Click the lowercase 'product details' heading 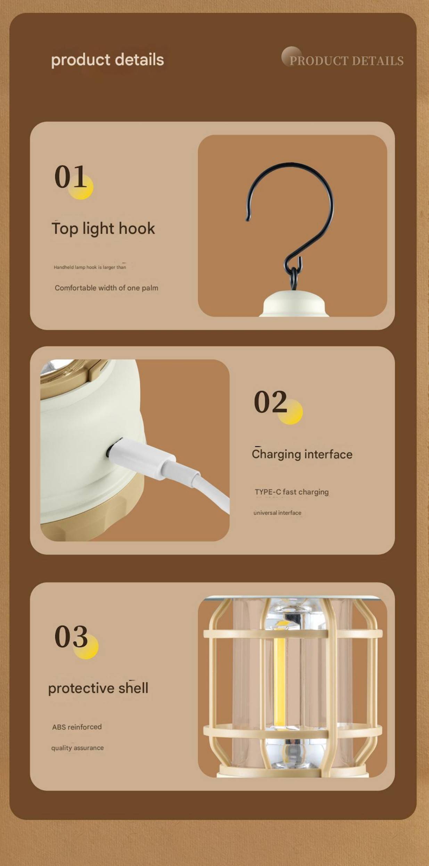(107, 60)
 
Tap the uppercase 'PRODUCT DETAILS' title (346, 61)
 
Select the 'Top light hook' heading (103, 228)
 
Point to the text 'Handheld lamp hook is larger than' (90, 267)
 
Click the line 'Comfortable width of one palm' (106, 288)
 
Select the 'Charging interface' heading (302, 454)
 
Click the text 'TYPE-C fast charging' (291, 492)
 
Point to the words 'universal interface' (277, 513)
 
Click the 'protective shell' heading (98, 688)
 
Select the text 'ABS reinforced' (77, 727)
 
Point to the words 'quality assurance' (77, 748)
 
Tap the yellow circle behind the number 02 (290, 412)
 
